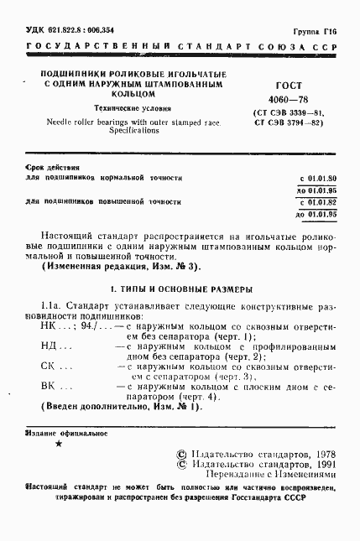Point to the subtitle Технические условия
point(125,110)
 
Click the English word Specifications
point(125,132)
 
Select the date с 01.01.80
point(317,179)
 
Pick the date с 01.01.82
point(317,202)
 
